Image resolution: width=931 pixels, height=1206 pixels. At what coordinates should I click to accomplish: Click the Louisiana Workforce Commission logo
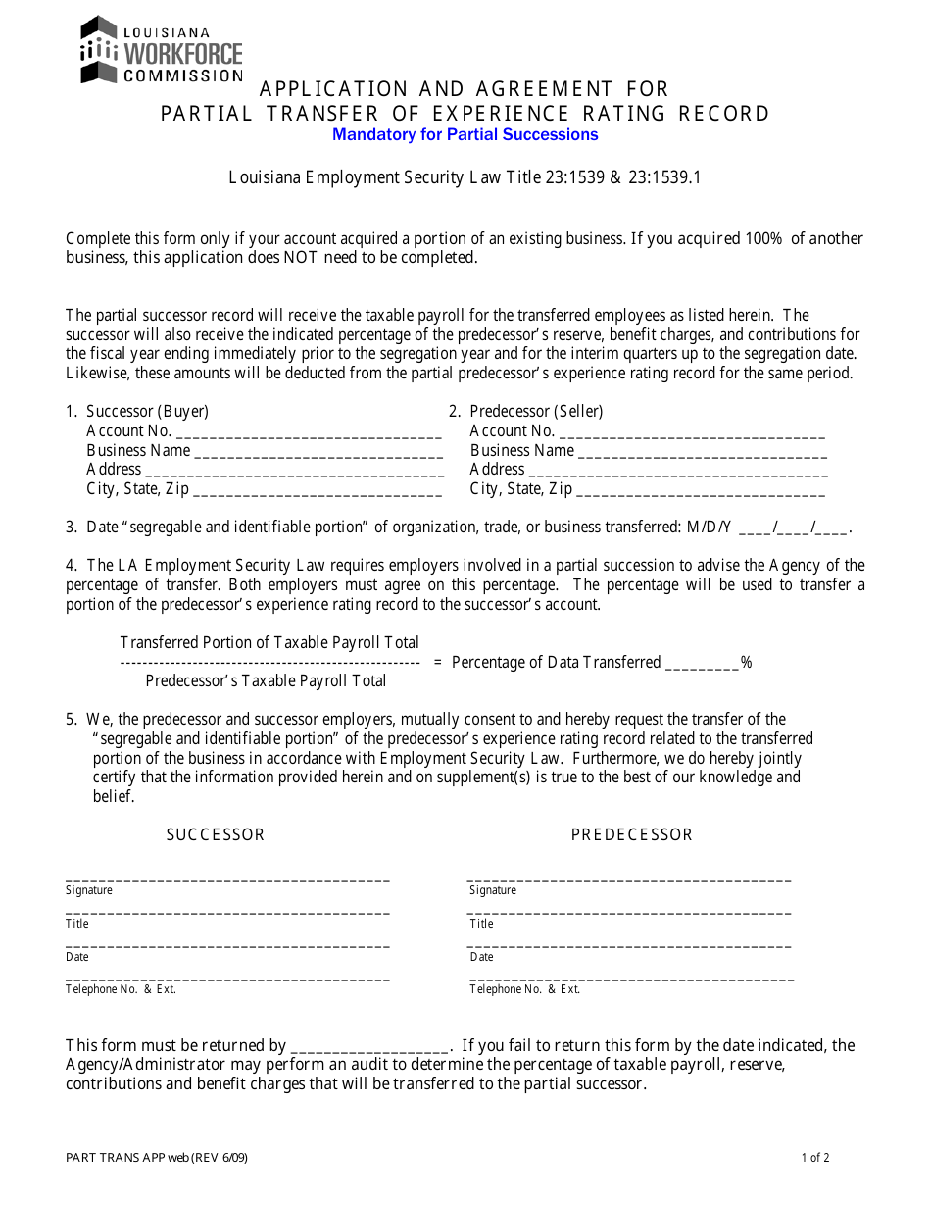pyautogui.click(x=161, y=49)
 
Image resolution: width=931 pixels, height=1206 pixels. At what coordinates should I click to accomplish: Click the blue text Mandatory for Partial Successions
pyautogui.click(x=465, y=134)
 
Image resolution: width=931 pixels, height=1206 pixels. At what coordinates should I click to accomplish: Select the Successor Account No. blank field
pyautogui.click(x=308, y=432)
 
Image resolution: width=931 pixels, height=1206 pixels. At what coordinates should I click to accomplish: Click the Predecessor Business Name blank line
pyautogui.click(x=702, y=452)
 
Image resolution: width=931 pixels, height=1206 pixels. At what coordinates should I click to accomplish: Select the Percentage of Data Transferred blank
pyautogui.click(x=702, y=664)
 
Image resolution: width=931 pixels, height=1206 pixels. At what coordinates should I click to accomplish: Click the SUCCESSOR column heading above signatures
pyautogui.click(x=216, y=834)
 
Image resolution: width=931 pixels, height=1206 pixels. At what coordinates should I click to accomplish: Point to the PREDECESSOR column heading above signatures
pyautogui.click(x=632, y=834)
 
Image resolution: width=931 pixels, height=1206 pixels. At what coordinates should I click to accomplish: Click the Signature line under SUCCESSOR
pyautogui.click(x=227, y=879)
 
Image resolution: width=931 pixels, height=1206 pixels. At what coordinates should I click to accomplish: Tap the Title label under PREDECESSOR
pyautogui.click(x=481, y=924)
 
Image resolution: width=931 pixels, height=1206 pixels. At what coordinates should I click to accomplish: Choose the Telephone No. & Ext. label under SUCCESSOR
pyautogui.click(x=121, y=989)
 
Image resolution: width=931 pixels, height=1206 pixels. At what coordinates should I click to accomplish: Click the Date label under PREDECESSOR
pyautogui.click(x=481, y=957)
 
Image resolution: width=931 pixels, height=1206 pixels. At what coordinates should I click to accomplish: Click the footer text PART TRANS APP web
pyautogui.click(x=156, y=1158)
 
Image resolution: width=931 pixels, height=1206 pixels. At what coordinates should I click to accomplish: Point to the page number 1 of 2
pyautogui.click(x=814, y=1158)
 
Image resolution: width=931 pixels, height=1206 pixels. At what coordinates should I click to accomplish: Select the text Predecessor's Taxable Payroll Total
pyautogui.click(x=266, y=680)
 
